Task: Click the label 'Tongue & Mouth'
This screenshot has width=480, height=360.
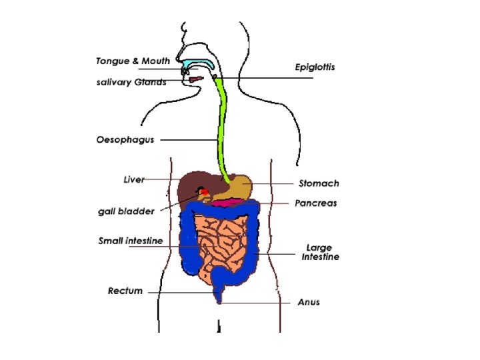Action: (132, 61)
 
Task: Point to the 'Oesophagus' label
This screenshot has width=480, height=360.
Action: (125, 140)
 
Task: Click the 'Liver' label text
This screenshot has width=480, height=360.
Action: (134, 179)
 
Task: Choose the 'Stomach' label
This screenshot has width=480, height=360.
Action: (319, 183)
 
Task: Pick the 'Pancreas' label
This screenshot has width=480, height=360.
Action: (317, 203)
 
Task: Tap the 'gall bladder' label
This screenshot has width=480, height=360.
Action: (127, 211)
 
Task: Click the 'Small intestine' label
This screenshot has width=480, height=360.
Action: (131, 241)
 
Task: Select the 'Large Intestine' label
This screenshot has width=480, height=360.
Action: (321, 253)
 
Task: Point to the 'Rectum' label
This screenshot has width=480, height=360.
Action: (125, 291)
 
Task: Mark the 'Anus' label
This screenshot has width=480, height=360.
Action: (309, 302)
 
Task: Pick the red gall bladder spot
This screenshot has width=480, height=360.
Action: (204, 193)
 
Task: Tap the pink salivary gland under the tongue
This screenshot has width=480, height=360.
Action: (195, 80)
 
